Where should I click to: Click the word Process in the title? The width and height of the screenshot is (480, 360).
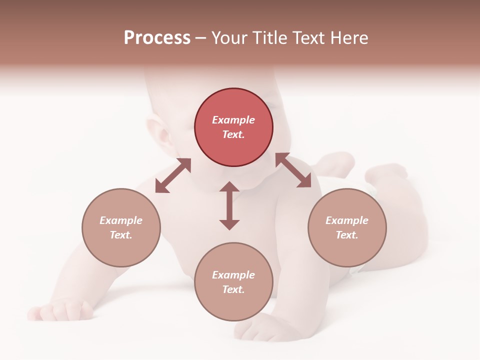tap(157, 38)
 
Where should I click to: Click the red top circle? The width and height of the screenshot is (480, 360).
tap(233, 127)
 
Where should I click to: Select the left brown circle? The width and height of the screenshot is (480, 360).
tap(121, 227)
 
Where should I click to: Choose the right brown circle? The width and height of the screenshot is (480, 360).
tap(347, 227)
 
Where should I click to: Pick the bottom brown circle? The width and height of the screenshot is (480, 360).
tap(233, 281)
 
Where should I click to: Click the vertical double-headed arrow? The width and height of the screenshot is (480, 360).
tap(229, 205)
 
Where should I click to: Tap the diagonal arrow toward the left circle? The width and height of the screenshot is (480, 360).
tap(173, 175)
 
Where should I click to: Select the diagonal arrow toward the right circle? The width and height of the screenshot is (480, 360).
tap(293, 170)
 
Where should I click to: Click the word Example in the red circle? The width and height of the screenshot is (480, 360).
tap(233, 120)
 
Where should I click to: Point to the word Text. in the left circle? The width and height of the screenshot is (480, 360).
tap(121, 235)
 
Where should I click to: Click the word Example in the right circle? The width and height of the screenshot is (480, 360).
tap(347, 220)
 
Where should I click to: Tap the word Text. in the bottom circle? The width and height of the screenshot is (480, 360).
tap(233, 289)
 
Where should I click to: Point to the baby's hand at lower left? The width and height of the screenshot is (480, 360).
tap(62, 310)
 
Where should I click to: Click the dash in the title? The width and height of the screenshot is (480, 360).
tap(201, 38)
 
